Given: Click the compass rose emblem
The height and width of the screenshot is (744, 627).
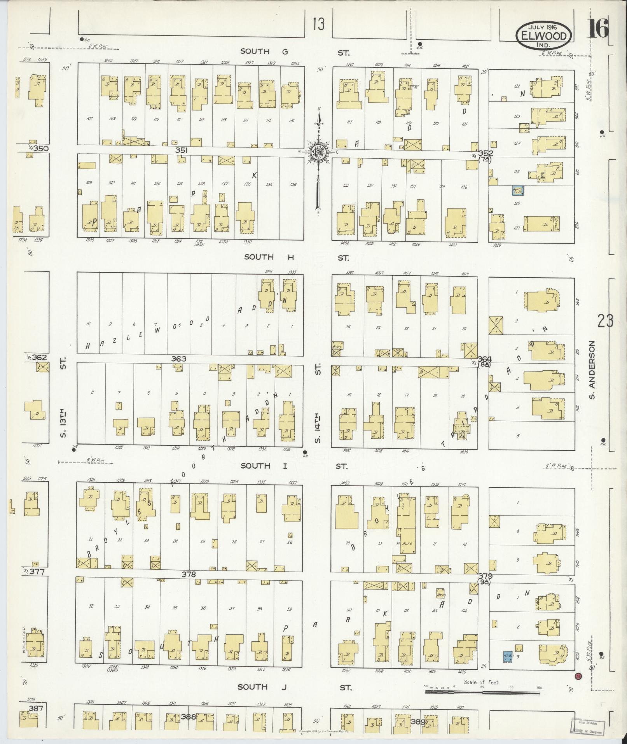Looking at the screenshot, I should [318, 152].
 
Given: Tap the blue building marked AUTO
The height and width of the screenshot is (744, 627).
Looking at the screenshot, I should [517, 190].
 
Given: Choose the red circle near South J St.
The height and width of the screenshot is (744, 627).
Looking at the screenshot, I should [578, 676].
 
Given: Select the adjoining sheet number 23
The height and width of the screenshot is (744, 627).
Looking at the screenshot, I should [606, 322].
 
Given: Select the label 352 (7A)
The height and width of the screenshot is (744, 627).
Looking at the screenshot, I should [486, 156].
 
